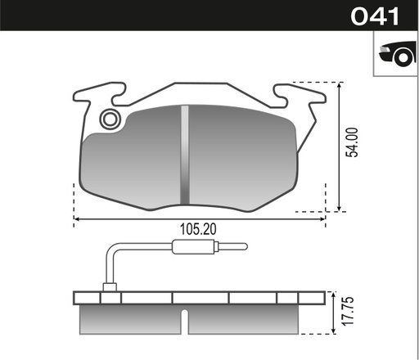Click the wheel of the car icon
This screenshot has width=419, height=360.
(400, 57)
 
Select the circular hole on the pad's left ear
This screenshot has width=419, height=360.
(109, 120)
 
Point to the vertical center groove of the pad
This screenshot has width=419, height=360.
(185, 155)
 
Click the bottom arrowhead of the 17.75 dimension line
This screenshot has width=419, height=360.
(338, 332)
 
